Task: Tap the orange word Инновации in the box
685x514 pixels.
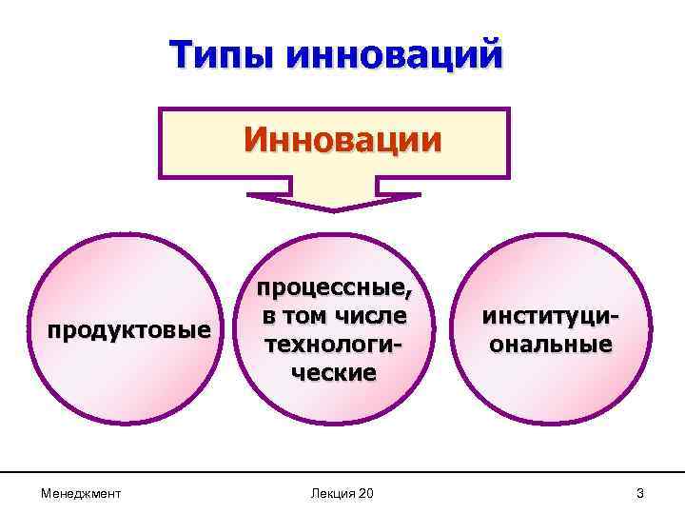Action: pos(342,140)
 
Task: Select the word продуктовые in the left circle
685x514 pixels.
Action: pos(130,330)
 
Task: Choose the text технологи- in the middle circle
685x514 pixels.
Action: pos(331,343)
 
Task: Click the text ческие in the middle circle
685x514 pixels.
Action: pos(330,371)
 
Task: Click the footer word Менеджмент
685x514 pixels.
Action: pos(80,493)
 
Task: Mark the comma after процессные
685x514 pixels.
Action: pos(411,294)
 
